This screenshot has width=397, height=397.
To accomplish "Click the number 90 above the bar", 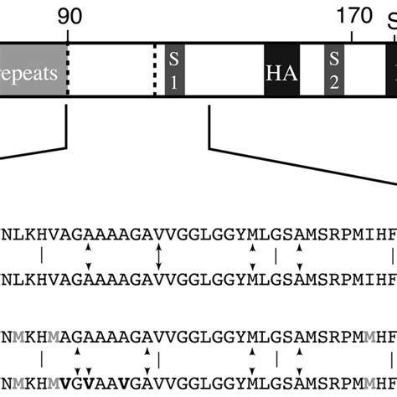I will tap(68, 16).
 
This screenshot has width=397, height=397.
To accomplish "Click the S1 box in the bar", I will tap(174, 70).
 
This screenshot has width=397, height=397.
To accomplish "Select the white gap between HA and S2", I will tap(311, 70).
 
